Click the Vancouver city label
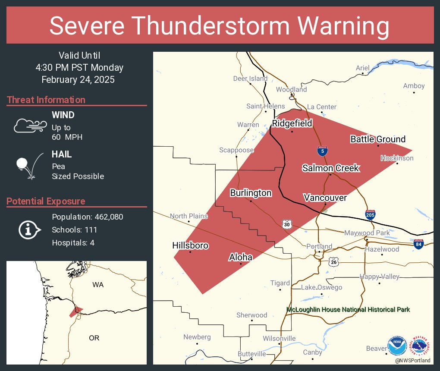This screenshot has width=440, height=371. [x=325, y=198]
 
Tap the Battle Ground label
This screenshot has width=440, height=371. [x=377, y=139]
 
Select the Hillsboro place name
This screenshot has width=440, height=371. [x=190, y=245]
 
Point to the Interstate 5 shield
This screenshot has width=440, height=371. [x=322, y=151]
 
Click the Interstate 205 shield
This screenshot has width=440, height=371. [x=370, y=214]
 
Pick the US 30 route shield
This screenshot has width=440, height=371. [x=287, y=224]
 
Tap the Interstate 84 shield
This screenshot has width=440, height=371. [x=418, y=244]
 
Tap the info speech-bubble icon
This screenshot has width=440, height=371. [x=29, y=230]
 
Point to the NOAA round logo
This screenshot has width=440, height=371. [x=397, y=346]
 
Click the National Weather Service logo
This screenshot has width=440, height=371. [x=420, y=346]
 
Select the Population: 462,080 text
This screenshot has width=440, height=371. [x=88, y=217]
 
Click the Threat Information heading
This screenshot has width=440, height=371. [x=46, y=100]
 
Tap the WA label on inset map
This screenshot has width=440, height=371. [x=98, y=285]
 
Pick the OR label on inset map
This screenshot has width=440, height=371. [x=94, y=338]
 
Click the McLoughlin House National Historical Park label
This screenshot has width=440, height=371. [x=348, y=309]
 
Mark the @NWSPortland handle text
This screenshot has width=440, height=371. [x=412, y=360]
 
